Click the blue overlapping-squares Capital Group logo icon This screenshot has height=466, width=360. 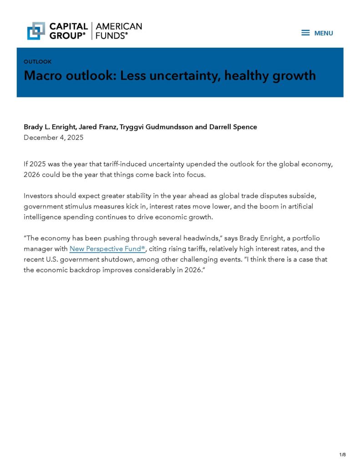[x=36, y=30]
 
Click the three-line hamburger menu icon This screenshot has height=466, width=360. [x=305, y=33]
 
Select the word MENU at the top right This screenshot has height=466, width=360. [x=324, y=33]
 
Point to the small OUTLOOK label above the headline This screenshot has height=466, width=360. [x=37, y=61]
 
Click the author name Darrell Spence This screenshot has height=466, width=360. [x=233, y=127]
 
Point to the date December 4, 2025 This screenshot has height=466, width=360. [x=53, y=137]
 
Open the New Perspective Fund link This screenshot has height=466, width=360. [x=107, y=249]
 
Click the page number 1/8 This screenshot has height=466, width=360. [x=342, y=455]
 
